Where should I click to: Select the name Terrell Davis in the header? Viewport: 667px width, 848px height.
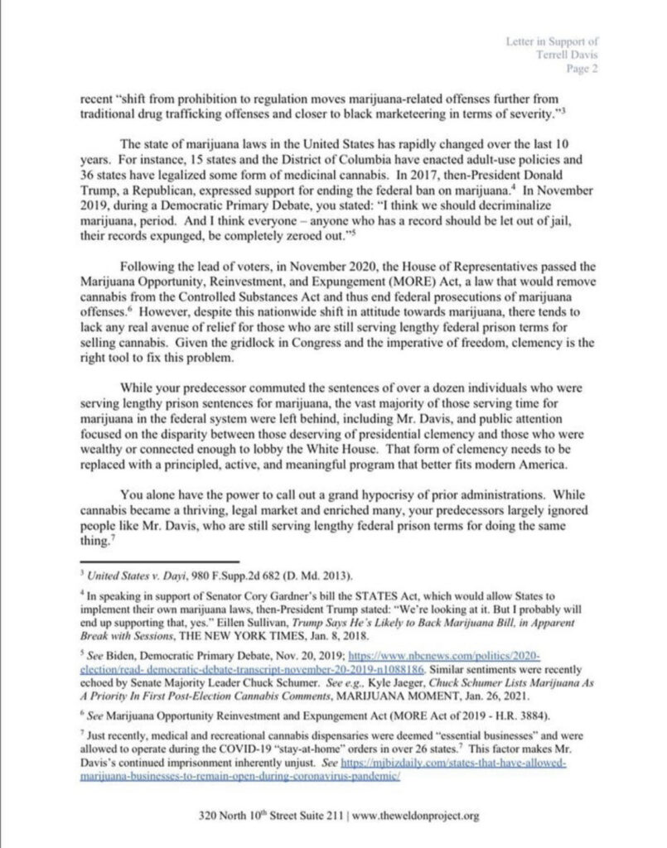point(571,55)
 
